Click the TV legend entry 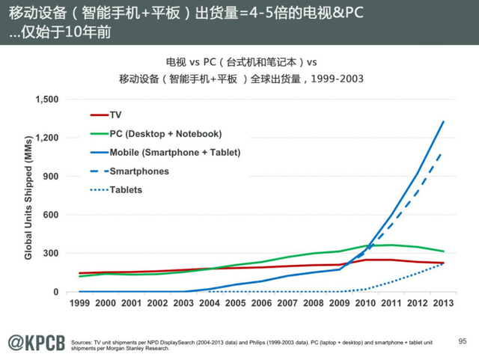pos(115,115)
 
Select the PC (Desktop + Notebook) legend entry pos(165,133)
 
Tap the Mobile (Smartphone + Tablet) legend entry pos(174,152)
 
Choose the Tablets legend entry pos(126,189)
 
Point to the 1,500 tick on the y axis pos(46,100)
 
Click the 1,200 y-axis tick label pos(46,138)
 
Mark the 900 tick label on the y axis pos(51,177)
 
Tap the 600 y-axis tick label pos(51,215)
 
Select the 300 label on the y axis pos(51,254)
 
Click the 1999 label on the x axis pos(79,303)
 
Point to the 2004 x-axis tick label pos(210,303)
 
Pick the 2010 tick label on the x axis pos(366,303)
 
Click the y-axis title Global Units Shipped pos(28,197)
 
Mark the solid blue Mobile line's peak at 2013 pos(444,121)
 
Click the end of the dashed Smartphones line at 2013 pos(443,152)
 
